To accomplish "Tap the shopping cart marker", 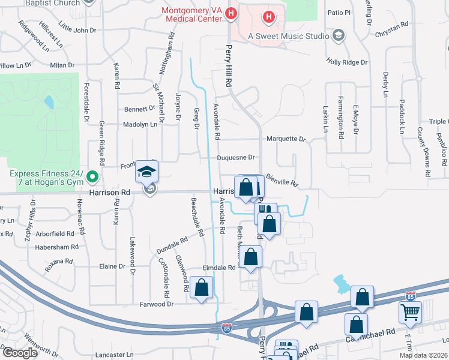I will pyautogui.click(x=410, y=312).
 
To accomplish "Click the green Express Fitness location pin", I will pyautogui.click(x=92, y=177).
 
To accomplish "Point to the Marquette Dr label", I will pyautogui.click(x=286, y=139).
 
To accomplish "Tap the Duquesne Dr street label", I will pyautogui.click(x=237, y=158).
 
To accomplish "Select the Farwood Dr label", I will pyautogui.click(x=157, y=304).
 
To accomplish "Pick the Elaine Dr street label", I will pyautogui.click(x=112, y=266).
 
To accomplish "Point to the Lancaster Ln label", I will pyautogui.click(x=113, y=355).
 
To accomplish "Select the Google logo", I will pyautogui.click(x=20, y=353).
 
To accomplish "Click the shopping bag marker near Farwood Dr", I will pyautogui.click(x=202, y=287).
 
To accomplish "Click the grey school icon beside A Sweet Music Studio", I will pyautogui.click(x=338, y=36).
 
